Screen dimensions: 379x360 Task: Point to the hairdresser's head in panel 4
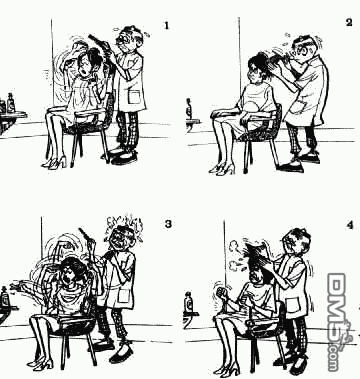[x=296, y=244]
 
